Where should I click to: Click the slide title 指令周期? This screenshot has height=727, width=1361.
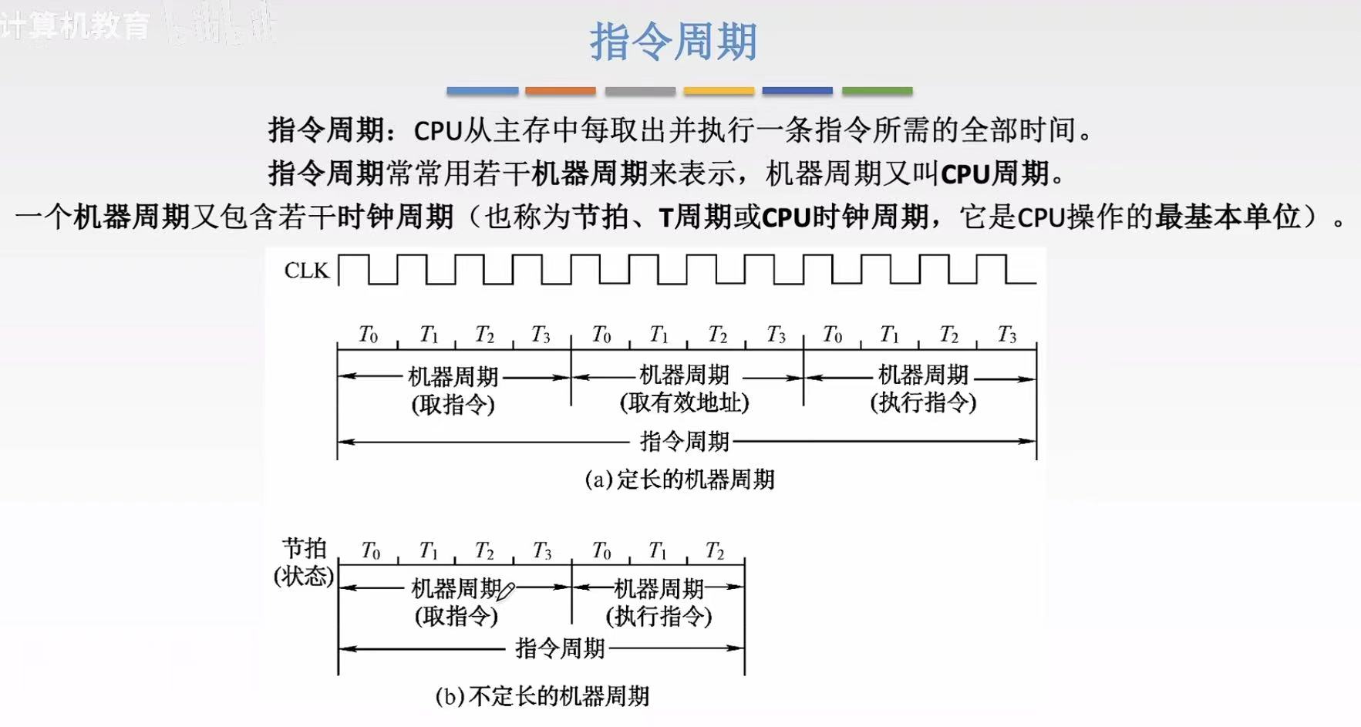tap(673, 42)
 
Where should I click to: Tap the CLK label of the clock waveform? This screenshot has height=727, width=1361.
tap(306, 271)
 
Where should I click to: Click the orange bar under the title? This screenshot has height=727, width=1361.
tap(561, 91)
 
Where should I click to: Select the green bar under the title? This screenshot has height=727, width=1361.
tap(877, 91)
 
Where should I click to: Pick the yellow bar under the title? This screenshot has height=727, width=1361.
tap(719, 91)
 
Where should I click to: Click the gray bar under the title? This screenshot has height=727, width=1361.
tap(640, 91)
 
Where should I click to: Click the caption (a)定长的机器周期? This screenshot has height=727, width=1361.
tap(679, 480)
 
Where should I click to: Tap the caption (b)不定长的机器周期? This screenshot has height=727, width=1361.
tap(542, 696)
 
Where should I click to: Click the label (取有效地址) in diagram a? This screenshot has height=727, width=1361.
tap(684, 402)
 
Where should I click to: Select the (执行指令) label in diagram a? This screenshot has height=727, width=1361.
tap(923, 402)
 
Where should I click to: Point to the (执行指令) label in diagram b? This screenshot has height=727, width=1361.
tap(659, 616)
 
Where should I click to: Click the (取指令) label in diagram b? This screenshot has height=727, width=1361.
tap(456, 616)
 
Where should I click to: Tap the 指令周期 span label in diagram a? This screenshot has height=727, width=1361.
tap(684, 441)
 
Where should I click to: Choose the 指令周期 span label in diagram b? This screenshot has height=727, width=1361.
tap(560, 648)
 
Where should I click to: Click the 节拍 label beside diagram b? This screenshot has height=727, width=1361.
tap(305, 548)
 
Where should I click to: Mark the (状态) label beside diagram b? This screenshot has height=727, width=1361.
tap(304, 576)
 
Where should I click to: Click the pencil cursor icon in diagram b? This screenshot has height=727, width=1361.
tap(506, 592)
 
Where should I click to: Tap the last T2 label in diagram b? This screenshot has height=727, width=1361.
tap(715, 551)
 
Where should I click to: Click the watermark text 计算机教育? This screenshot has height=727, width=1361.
tap(76, 26)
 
